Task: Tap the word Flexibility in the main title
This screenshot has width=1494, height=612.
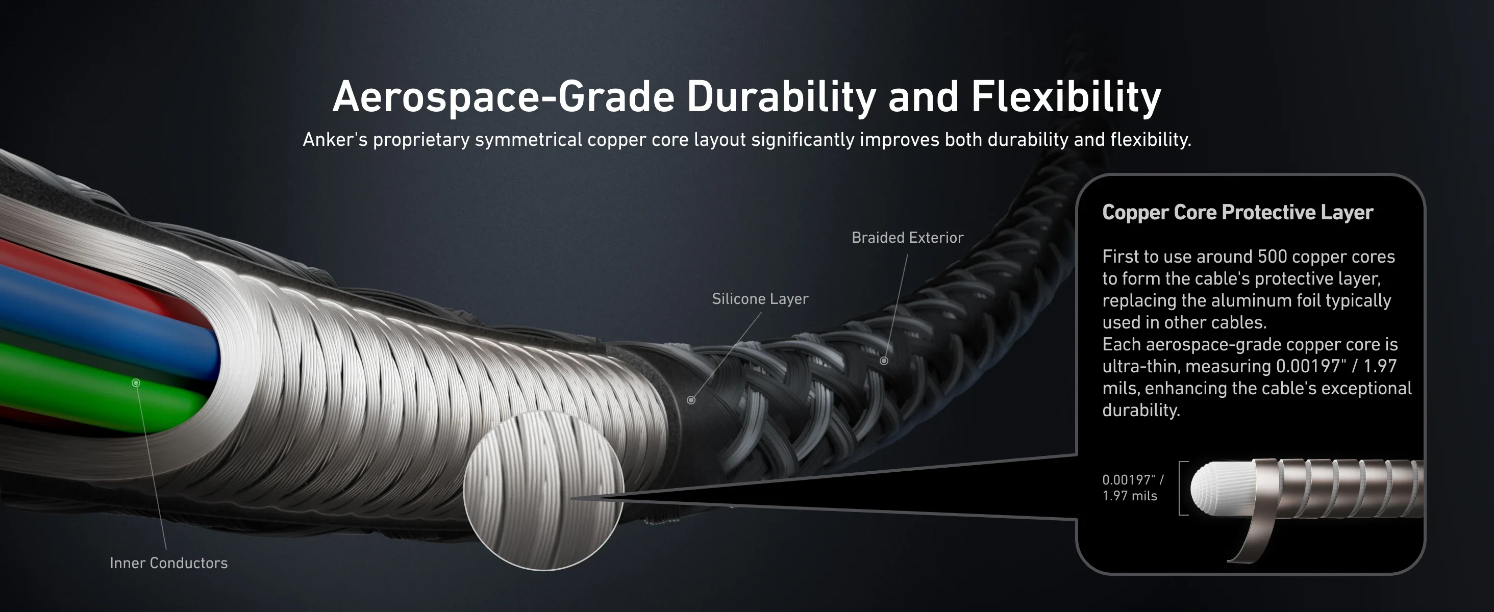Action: coord(1066,97)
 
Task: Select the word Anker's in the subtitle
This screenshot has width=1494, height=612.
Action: coord(335,140)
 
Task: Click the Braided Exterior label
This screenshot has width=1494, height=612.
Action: coord(907,238)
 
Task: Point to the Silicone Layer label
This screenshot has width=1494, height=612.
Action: coord(760,299)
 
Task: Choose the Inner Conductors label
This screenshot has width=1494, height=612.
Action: coord(168,563)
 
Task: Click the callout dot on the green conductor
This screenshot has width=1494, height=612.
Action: coord(136,382)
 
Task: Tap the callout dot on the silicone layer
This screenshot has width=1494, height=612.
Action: coord(691,400)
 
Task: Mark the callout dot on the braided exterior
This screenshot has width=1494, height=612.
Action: coord(884,361)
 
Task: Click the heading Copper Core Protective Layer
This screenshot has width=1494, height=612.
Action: coord(1237,212)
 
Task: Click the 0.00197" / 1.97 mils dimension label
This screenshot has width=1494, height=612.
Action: coord(1132,488)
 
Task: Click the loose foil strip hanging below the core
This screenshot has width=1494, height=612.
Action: coord(1253,539)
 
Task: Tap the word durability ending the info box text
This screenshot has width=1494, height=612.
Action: coord(1140,411)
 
